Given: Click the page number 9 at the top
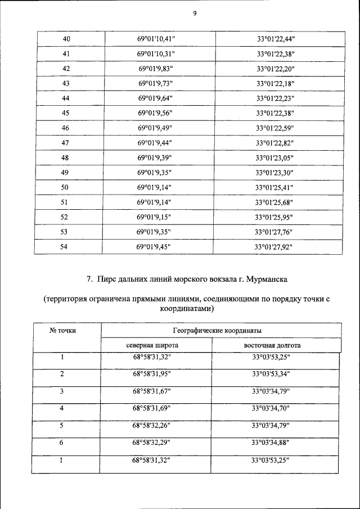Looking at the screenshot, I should click(x=194, y=14).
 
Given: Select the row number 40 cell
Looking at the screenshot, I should click(x=67, y=39).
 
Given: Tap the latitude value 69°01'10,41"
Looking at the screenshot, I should click(x=156, y=39).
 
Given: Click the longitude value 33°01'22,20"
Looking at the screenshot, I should click(x=276, y=69).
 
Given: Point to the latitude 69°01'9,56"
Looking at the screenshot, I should click(x=155, y=113).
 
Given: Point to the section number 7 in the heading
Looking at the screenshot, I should click(x=89, y=279).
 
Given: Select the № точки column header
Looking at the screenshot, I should click(x=63, y=331).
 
